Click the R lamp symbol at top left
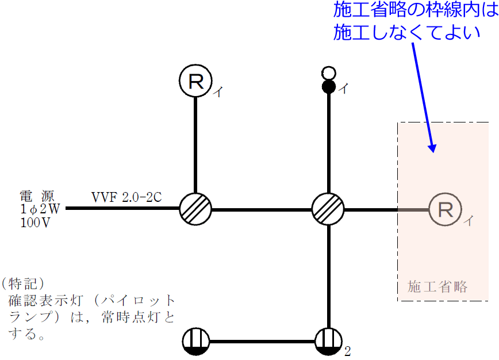pos(196,81)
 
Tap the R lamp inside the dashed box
pos(445,209)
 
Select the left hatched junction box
pos(195,209)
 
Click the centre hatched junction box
pos(328,209)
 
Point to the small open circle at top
pos(328,73)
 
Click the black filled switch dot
pos(328,87)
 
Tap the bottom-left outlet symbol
pos(197,343)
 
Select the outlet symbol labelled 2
pos(328,343)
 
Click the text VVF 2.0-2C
pos(126,197)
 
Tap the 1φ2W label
pos(36,209)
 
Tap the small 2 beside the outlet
pos(347,351)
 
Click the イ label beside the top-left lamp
pos(218,91)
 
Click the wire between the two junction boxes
pos(262,209)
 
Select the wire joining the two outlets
pos(262,343)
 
